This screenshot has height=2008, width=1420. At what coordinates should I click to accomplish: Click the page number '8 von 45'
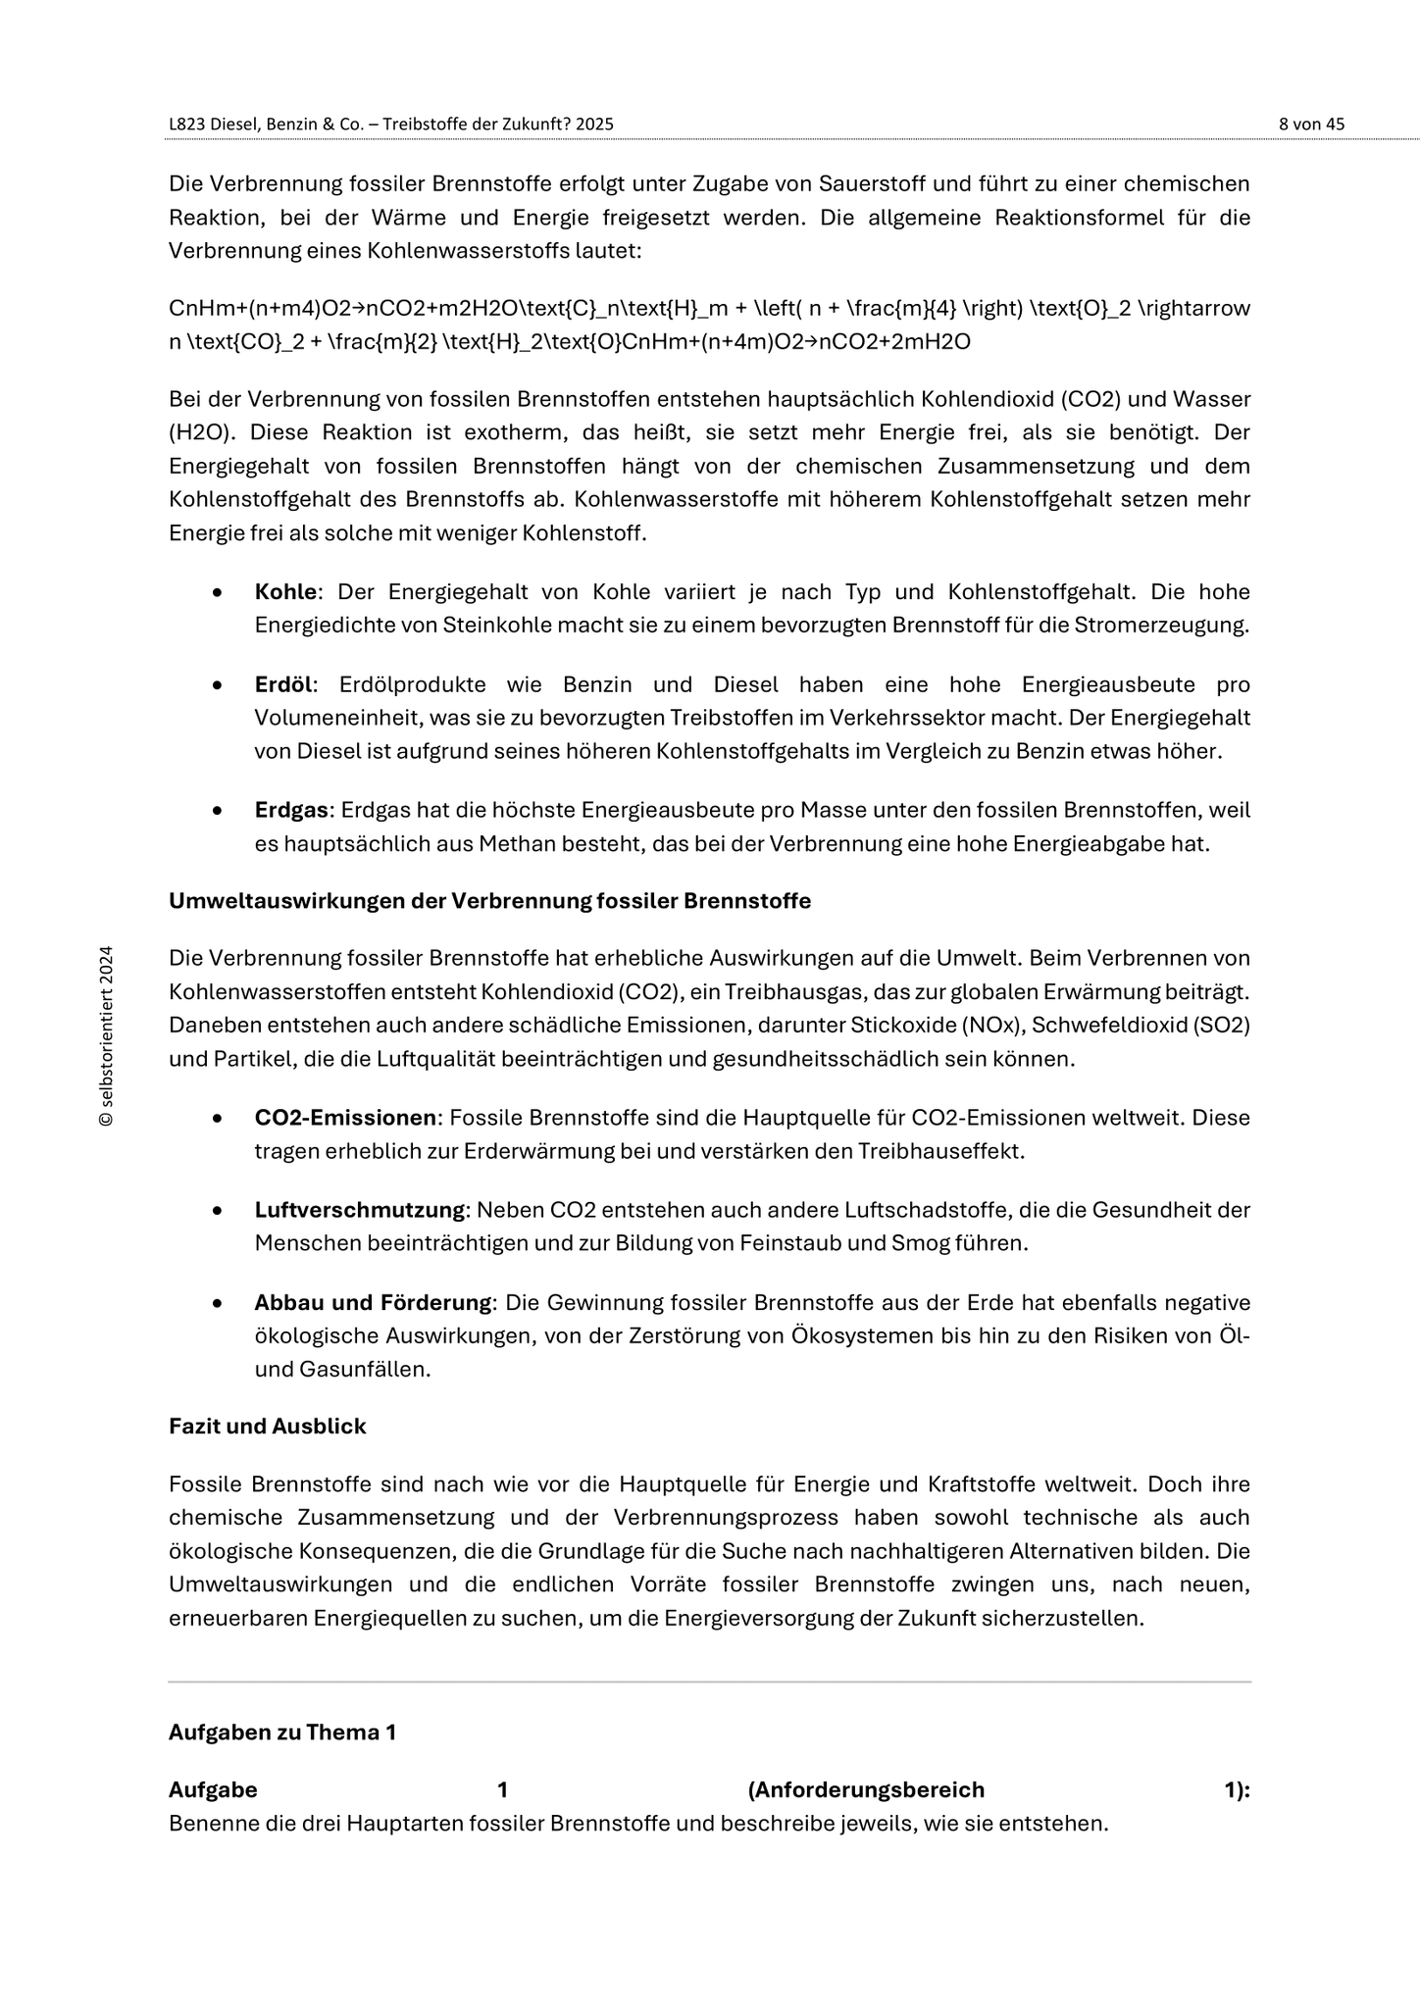tap(1311, 125)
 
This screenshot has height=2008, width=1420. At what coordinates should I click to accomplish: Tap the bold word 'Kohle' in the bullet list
tap(285, 592)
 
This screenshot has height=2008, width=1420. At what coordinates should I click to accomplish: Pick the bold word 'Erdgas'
tap(291, 810)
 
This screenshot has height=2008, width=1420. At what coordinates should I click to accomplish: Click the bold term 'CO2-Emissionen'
tap(345, 1118)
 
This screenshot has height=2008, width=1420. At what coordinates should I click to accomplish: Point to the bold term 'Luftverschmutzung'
tap(360, 1210)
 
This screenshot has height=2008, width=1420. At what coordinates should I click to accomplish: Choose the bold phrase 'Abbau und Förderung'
tap(373, 1302)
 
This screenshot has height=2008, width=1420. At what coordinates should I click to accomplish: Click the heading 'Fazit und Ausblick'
tap(267, 1427)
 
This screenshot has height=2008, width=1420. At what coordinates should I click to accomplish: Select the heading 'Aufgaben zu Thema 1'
tap(282, 1732)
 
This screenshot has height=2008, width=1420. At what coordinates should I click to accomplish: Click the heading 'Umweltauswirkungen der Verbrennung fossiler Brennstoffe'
tap(489, 901)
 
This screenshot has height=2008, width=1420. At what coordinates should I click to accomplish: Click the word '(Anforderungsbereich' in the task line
tap(866, 1789)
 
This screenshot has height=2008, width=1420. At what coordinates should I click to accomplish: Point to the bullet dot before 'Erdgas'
tap(217, 811)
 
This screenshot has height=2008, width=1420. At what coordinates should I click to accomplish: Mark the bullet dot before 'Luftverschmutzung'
tap(217, 1211)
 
